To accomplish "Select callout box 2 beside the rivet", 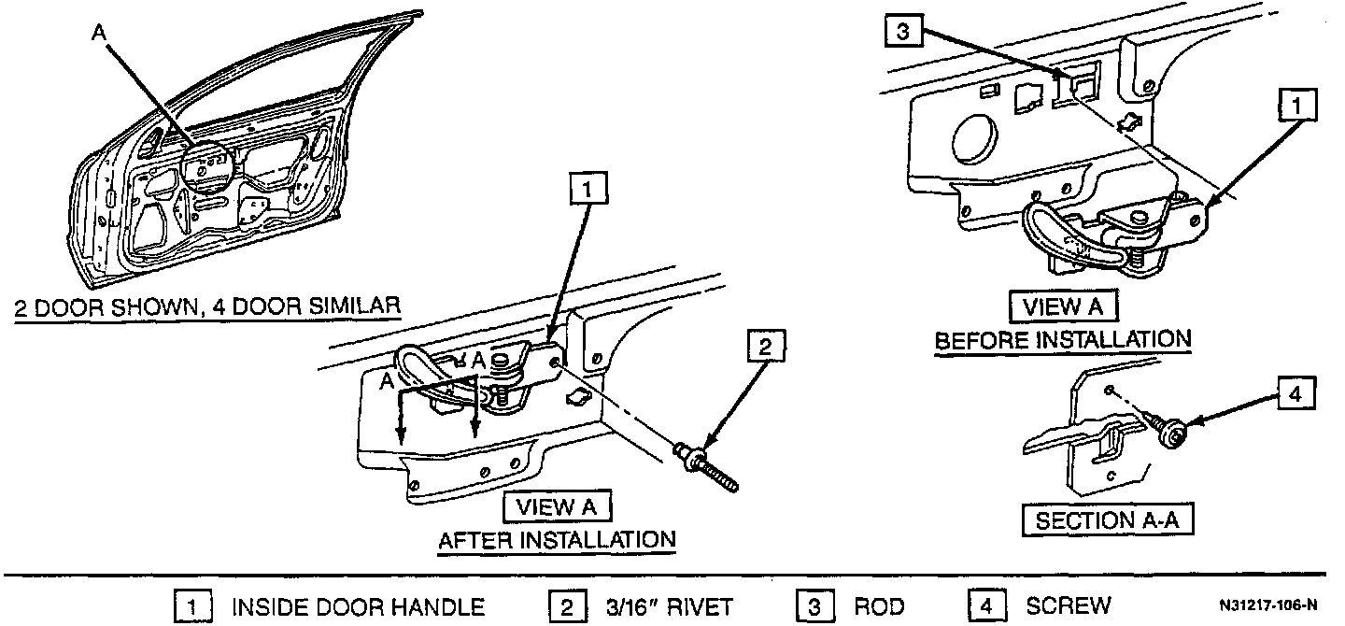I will (x=765, y=348).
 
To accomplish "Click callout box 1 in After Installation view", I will (x=587, y=191).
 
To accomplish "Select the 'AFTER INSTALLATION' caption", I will (x=557, y=539).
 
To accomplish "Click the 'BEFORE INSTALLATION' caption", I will (x=1063, y=339).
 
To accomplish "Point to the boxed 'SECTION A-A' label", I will (x=1107, y=520).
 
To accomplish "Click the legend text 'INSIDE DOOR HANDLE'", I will (x=358, y=606).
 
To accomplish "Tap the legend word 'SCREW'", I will (x=1069, y=606).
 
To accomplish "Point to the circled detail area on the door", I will (x=205, y=168).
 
